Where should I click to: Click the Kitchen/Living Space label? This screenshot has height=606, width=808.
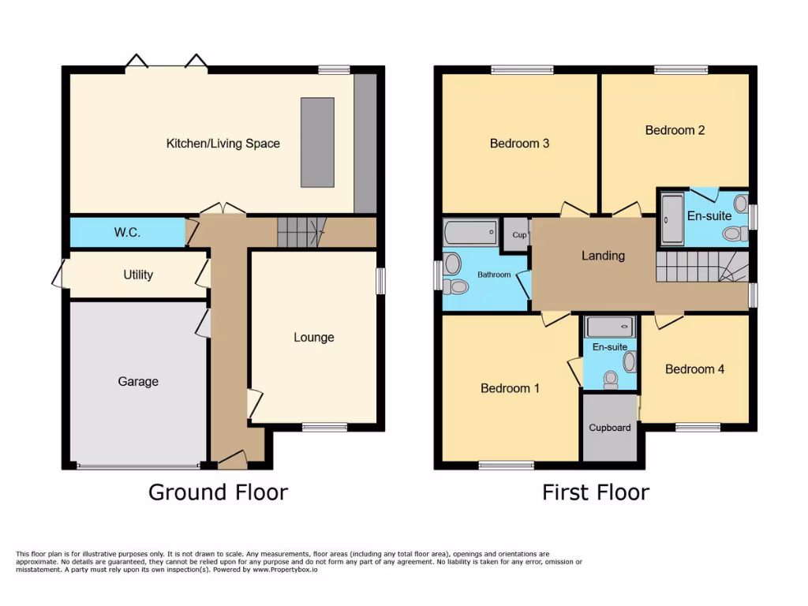coord(223,144)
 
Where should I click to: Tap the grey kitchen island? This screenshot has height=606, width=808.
coord(317,142)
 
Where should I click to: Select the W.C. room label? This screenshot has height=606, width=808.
coord(127,233)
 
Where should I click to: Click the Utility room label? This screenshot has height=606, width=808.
coord(138,275)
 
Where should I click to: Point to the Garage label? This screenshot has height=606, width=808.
coord(138,381)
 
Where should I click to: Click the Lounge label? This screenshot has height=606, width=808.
coord(314,337)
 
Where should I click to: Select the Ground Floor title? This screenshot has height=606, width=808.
coord(218,492)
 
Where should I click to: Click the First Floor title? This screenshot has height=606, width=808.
coord(595,492)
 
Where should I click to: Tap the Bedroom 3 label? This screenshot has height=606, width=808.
coord(519,144)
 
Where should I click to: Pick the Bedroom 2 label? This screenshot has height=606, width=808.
coord(675,130)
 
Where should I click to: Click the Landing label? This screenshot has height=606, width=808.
coord(603,256)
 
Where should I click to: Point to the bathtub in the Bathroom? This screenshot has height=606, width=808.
coord(471,233)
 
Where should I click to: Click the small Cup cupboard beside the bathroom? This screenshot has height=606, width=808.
coord(518,235)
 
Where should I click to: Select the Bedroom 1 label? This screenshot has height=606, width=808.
coord(510,388)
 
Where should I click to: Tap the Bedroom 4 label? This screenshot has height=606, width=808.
coord(694,368)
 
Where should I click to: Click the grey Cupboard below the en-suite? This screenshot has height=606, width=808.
coord(610,427)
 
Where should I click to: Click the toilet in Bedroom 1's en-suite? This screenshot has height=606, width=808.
coord(610,380)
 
